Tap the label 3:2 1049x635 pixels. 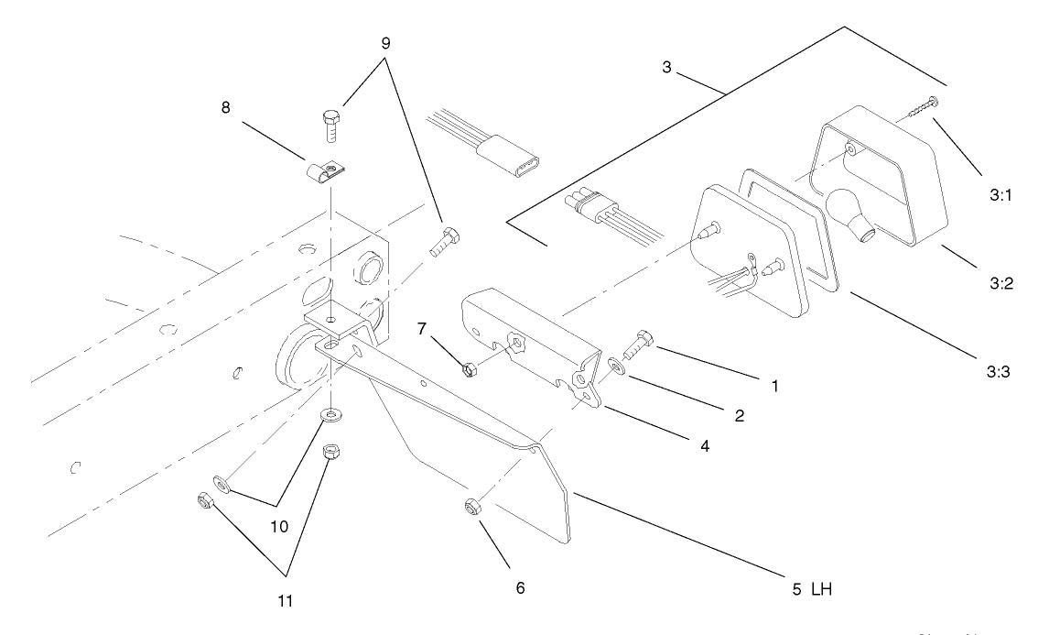click(999, 283)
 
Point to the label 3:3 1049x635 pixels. click(999, 370)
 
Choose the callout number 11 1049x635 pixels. click(287, 602)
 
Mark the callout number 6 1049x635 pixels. click(521, 586)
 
